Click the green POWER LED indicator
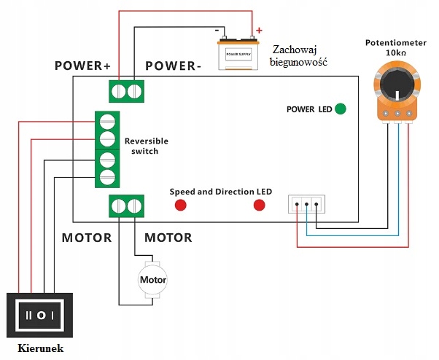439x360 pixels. click(340, 109)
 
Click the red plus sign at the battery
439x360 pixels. click(258, 31)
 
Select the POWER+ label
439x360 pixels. click(82, 66)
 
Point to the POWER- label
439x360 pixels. click(174, 66)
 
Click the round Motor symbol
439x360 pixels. click(153, 280)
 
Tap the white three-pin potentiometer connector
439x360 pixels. click(306, 205)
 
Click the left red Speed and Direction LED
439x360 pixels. click(179, 205)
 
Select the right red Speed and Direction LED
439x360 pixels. click(259, 205)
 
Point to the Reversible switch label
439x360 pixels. click(147, 146)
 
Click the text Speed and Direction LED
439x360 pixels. click(221, 192)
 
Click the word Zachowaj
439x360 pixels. click(296, 50)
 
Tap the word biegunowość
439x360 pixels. click(299, 63)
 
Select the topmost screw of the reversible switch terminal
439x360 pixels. click(107, 120)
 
